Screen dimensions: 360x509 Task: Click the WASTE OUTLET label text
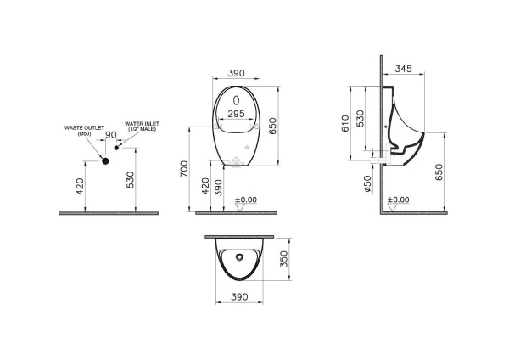tap(84, 128)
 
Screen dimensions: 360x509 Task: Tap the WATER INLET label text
tap(142, 126)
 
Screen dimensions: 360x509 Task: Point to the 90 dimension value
tap(109, 136)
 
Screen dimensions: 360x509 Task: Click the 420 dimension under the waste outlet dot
tap(81, 187)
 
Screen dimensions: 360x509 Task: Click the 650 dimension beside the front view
tap(273, 125)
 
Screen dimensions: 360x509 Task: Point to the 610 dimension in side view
tap(344, 126)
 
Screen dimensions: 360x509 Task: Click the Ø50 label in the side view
tap(367, 184)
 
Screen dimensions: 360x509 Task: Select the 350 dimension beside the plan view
tap(286, 259)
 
